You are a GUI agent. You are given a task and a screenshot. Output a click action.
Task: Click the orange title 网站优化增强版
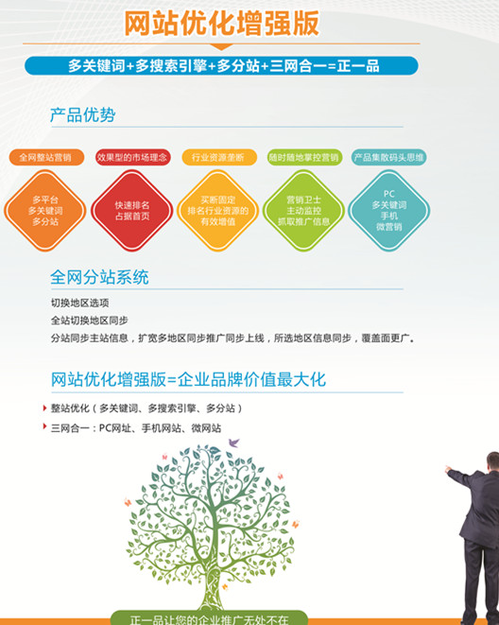(222, 24)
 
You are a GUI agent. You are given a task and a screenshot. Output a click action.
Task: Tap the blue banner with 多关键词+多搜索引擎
(221, 66)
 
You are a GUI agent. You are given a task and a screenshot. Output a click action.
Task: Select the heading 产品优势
(83, 115)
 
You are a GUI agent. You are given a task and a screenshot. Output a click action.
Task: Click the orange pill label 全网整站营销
(45, 158)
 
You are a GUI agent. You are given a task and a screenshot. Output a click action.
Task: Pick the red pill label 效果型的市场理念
(132, 158)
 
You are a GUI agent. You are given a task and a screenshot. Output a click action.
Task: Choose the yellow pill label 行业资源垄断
(219, 158)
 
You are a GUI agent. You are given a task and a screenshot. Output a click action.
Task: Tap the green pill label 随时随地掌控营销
(304, 158)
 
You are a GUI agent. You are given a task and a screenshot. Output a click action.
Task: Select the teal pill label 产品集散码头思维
(389, 158)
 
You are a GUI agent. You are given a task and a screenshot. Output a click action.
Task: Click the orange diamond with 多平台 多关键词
(45, 211)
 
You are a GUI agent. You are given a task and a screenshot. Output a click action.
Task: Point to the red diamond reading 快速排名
(132, 211)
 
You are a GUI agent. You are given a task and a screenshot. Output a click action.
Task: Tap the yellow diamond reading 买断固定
(217, 211)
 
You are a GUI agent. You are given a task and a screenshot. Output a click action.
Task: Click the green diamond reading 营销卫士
(304, 211)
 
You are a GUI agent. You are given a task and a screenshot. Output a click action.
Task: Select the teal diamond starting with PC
(389, 211)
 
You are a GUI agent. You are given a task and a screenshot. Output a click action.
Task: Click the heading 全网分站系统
(99, 277)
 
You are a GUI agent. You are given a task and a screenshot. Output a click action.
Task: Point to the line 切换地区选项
(79, 303)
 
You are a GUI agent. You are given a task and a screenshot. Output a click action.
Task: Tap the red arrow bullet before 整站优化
(44, 408)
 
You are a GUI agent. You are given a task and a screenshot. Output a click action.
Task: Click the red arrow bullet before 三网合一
(44, 426)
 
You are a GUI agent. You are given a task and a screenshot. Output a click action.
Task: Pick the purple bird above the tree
(233, 443)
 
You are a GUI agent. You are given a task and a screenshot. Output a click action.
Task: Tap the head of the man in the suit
(493, 461)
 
